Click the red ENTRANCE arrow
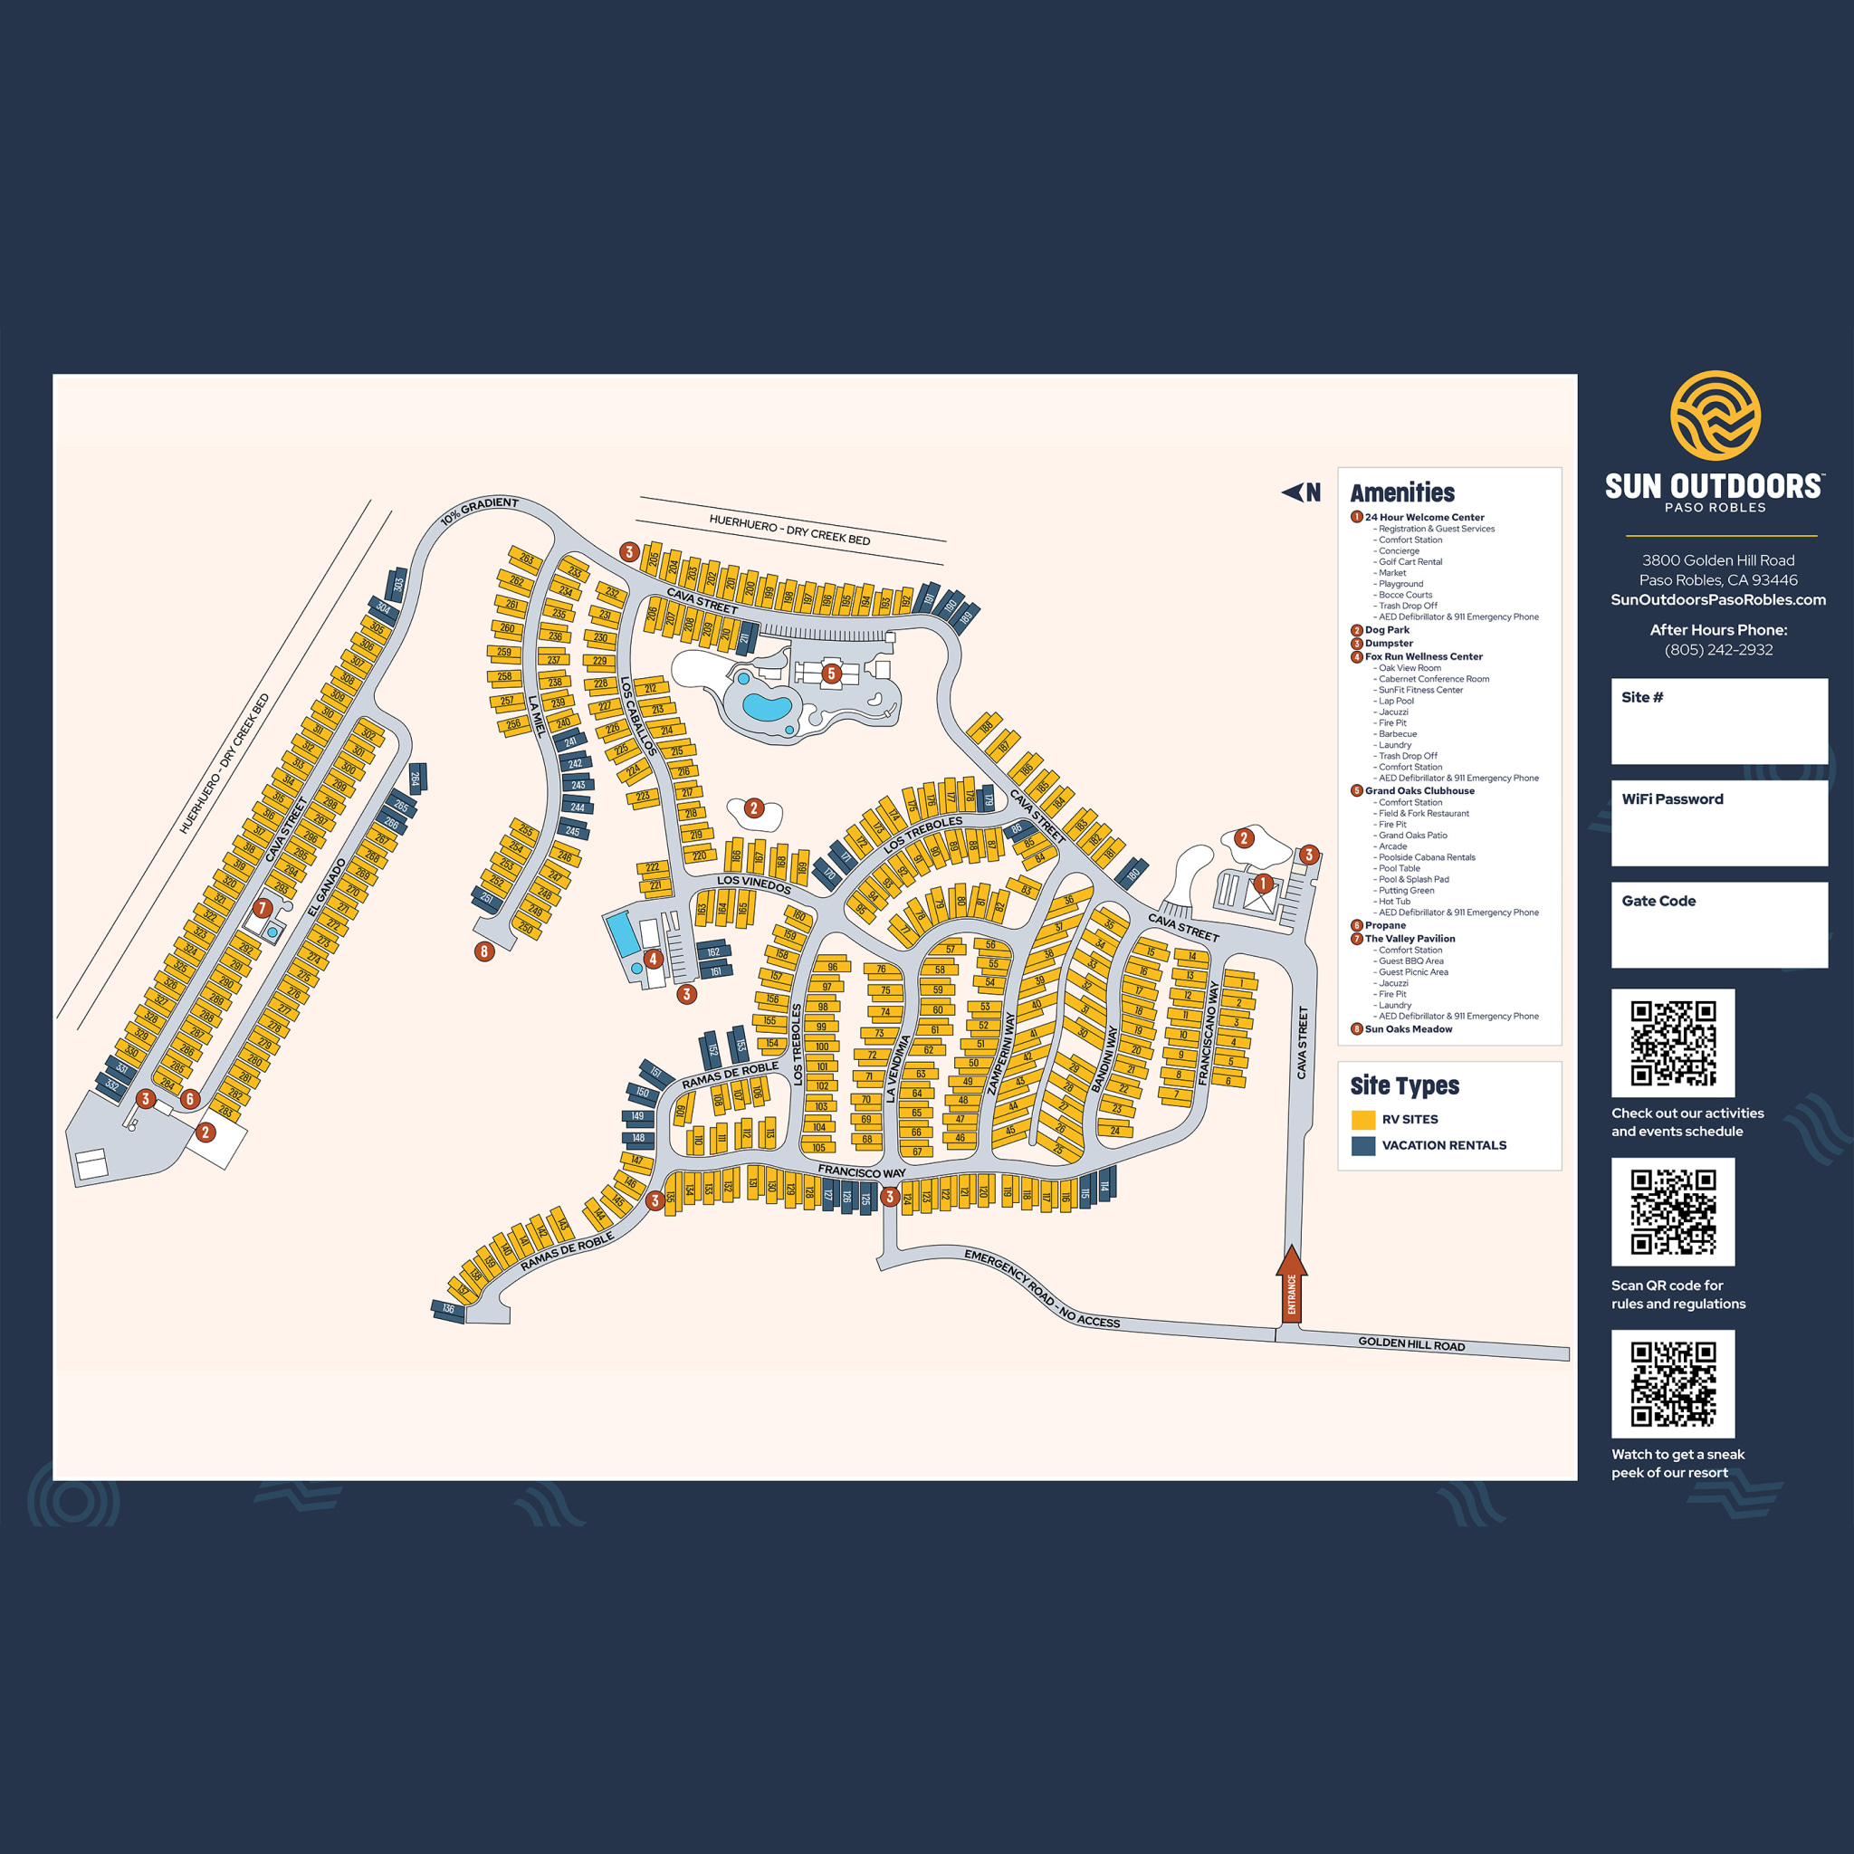[1292, 1285]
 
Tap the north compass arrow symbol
[1293, 492]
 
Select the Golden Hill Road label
[1410, 1344]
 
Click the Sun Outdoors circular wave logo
[1715, 416]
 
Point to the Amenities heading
[1402, 493]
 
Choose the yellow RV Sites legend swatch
[1362, 1119]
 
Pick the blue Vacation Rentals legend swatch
[1362, 1145]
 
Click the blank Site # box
[1719, 722]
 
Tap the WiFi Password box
[1719, 824]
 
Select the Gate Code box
[1719, 925]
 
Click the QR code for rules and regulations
[1673, 1212]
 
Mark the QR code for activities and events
[1673, 1043]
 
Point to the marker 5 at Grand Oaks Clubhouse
[831, 674]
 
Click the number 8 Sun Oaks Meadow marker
[484, 952]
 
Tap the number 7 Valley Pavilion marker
[262, 907]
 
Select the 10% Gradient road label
[479, 511]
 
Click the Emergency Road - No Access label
[1041, 1289]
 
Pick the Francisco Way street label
[862, 1171]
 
